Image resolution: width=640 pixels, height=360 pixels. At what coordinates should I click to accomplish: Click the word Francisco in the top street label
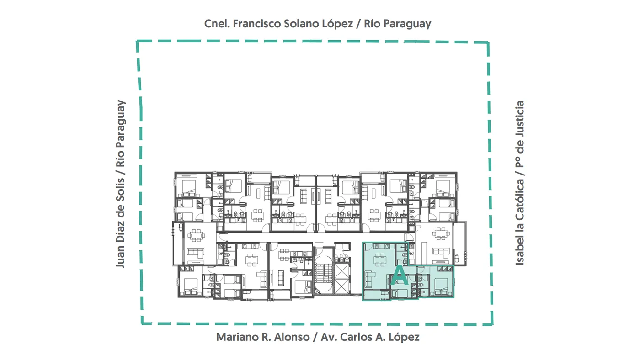point(257,24)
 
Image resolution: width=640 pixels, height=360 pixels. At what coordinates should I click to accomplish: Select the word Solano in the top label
point(301,24)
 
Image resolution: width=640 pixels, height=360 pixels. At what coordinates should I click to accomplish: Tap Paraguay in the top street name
point(407,24)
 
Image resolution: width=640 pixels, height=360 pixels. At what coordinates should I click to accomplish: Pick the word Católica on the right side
point(520,200)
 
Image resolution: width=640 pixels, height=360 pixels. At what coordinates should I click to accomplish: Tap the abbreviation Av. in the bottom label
point(329,337)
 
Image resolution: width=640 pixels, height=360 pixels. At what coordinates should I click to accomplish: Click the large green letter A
point(400,275)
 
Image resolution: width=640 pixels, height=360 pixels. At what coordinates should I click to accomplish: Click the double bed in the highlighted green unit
point(442,286)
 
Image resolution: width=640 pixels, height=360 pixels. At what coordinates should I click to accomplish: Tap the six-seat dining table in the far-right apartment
point(441,234)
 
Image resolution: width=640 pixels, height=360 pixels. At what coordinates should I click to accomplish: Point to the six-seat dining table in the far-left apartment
point(196,236)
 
